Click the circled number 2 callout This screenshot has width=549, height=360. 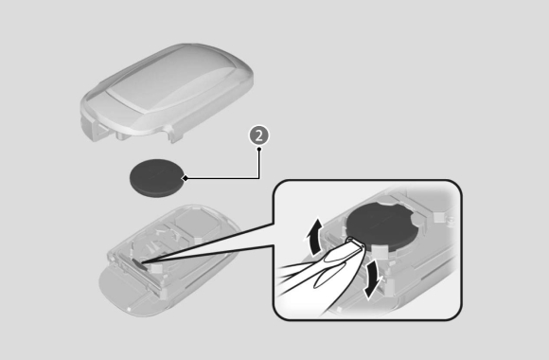pos(259,135)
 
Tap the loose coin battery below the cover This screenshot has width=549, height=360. pos(157,178)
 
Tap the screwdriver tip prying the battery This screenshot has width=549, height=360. pos(354,242)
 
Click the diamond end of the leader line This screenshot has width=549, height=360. pos(186,178)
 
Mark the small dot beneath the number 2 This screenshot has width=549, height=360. pos(259,149)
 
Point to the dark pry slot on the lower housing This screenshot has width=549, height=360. pos(139,264)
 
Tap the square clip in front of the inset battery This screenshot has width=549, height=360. pos(379,251)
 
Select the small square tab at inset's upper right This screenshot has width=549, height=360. pos(440,217)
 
